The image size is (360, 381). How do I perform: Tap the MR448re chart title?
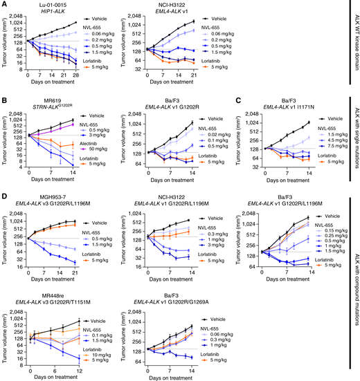(x=63, y=291)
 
